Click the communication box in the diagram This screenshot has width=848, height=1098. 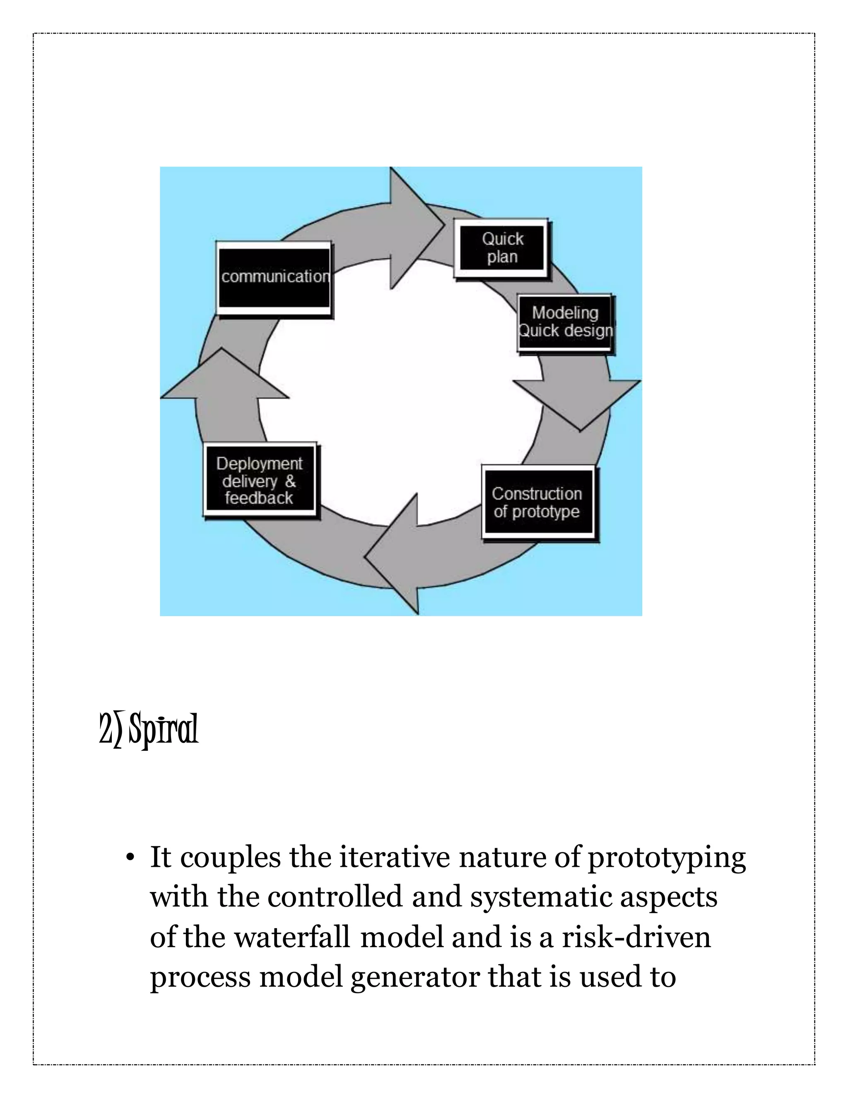(274, 278)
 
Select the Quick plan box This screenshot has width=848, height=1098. (501, 248)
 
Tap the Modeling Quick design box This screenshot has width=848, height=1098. (565, 322)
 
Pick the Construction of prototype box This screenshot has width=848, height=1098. (537, 502)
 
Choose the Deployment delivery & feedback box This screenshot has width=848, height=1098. (260, 480)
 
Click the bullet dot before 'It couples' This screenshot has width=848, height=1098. (130, 858)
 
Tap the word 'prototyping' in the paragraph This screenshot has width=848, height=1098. (667, 858)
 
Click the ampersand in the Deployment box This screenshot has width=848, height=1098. (290, 481)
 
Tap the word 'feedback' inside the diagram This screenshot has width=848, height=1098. (259, 498)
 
